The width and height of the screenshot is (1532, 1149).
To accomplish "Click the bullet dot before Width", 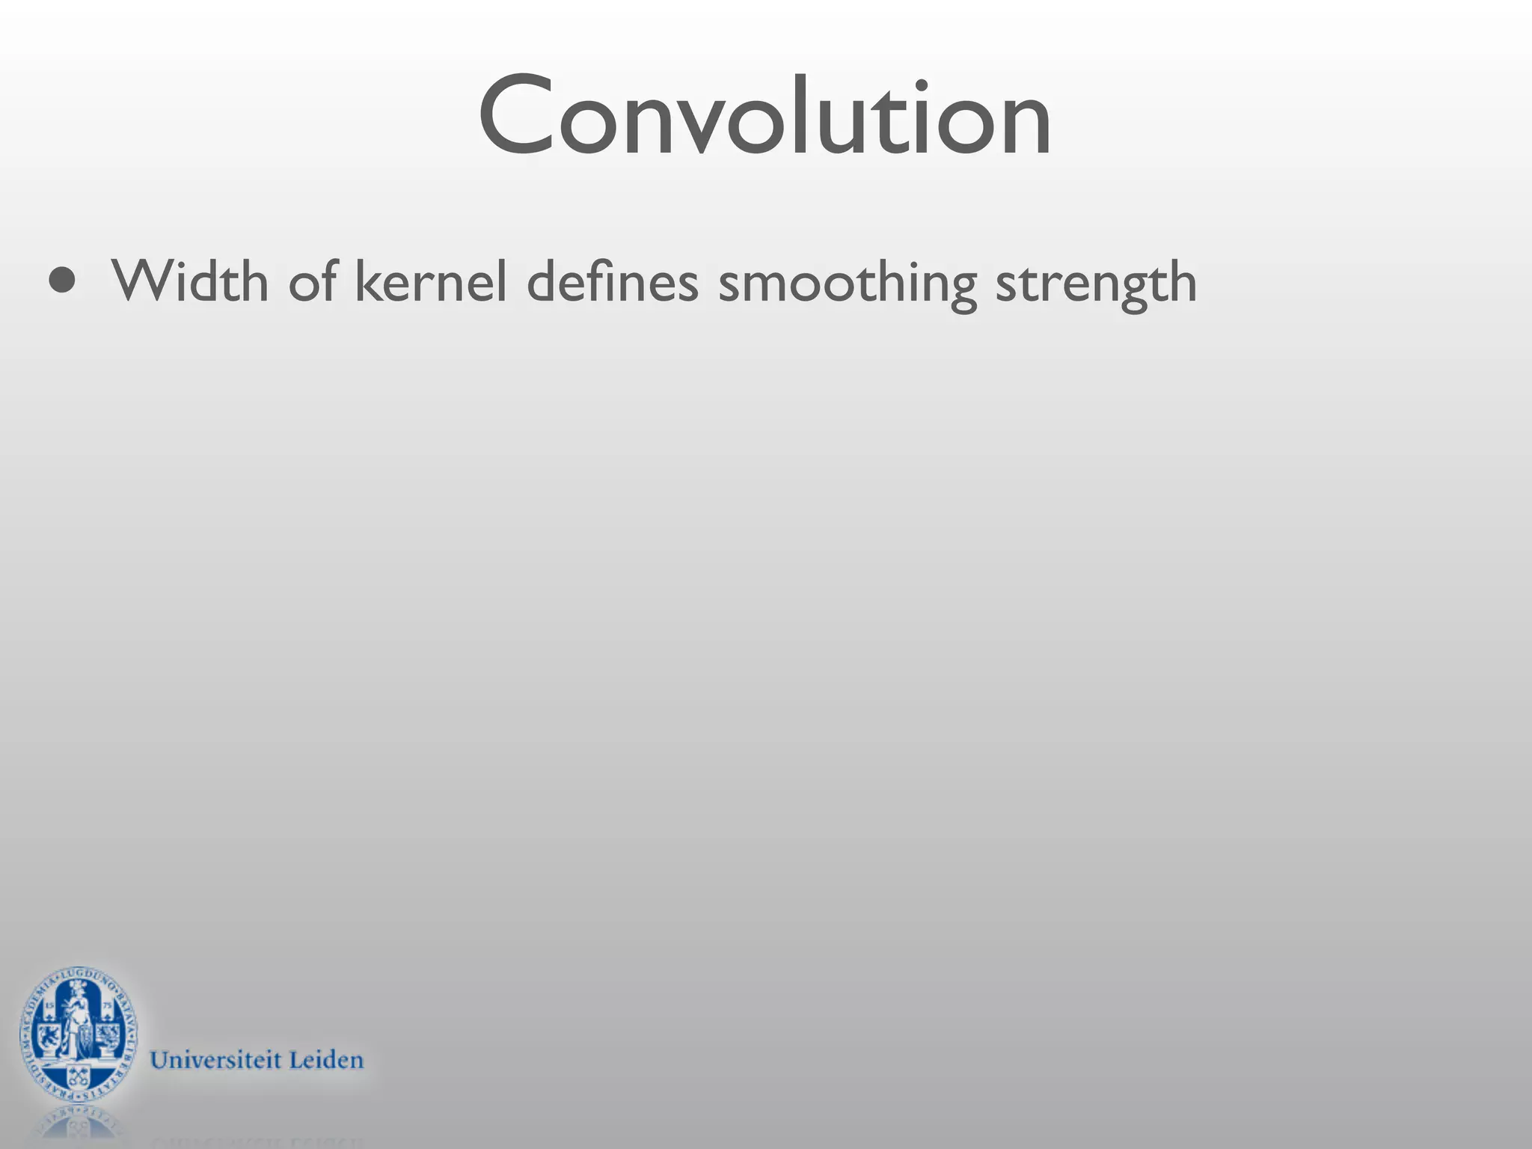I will [x=62, y=281].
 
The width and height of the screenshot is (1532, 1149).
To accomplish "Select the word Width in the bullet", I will [x=190, y=281].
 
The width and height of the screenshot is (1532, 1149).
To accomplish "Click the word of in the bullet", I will [x=312, y=281].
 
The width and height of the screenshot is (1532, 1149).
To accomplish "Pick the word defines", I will [x=612, y=281].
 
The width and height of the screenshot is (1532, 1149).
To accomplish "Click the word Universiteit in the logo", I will [x=215, y=1060].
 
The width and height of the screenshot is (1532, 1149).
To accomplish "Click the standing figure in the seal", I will [x=78, y=1022].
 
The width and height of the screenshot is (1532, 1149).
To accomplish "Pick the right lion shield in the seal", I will [x=108, y=1037].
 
